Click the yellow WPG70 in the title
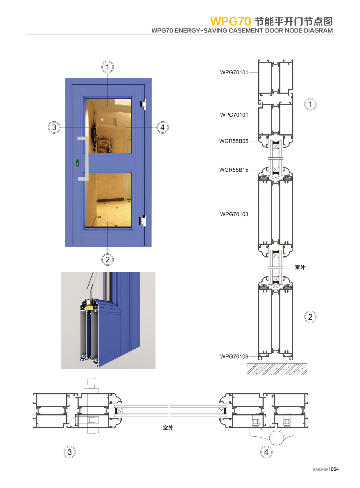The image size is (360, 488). (x=230, y=21)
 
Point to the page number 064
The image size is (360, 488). (x=335, y=469)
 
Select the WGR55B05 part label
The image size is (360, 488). (x=234, y=141)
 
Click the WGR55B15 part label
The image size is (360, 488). (x=234, y=170)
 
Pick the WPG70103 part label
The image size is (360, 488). (x=234, y=214)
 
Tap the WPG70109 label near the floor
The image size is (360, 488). (x=234, y=356)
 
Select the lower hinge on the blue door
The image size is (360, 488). (x=143, y=221)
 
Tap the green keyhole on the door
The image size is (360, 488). (x=78, y=163)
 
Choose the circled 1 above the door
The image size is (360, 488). (x=108, y=67)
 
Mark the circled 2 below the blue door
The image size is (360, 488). (x=108, y=259)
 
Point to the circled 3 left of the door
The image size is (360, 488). (x=54, y=127)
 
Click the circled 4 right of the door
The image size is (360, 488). (x=162, y=127)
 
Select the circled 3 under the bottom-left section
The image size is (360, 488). (x=70, y=452)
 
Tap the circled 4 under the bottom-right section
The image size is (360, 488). (x=266, y=452)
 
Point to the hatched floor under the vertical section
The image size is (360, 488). (x=277, y=369)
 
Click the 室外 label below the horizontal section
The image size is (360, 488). (x=168, y=428)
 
